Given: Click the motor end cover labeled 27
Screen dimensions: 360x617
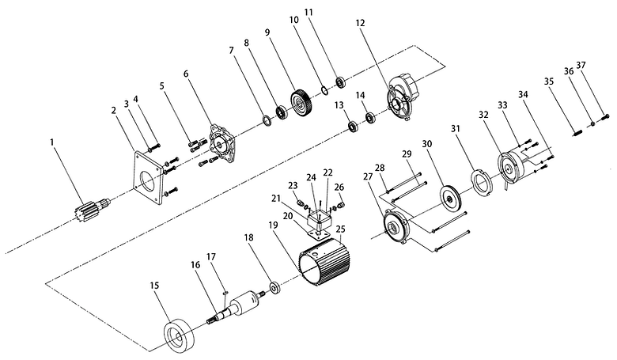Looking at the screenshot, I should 392,225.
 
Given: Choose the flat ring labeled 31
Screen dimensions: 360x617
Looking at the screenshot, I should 479,179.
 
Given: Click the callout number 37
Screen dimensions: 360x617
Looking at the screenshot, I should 581,65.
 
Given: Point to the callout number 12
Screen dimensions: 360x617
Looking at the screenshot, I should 361,25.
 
